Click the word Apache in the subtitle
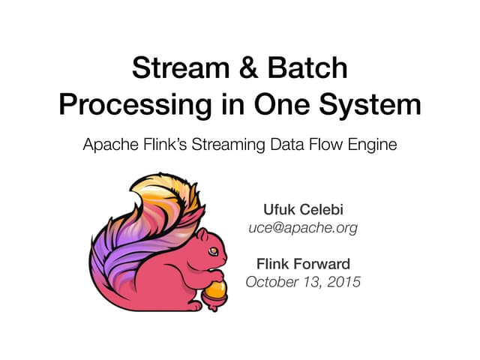pyautogui.click(x=108, y=145)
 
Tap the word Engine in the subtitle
pyautogui.click(x=371, y=145)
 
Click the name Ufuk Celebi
pyautogui.click(x=303, y=208)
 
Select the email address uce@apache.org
pyautogui.click(x=303, y=226)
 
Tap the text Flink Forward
pyautogui.click(x=303, y=264)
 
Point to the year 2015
pyautogui.click(x=343, y=282)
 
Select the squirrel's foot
pyautogui.click(x=193, y=304)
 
